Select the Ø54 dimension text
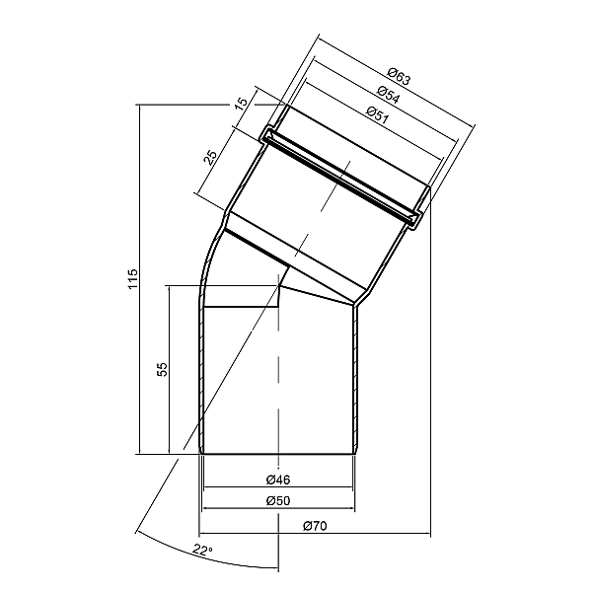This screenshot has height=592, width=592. coord(388,94)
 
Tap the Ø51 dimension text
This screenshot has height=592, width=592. coord(378,114)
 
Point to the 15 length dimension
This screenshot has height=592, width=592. coord(242,103)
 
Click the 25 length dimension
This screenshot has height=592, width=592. coord(211,157)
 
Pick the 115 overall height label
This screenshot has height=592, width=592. coord(133,279)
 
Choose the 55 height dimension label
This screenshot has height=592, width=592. coord(162,369)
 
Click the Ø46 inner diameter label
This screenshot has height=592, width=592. coord(278,480)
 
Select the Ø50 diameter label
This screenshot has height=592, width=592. coord(278,501)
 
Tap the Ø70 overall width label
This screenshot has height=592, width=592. coord(315,526)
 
